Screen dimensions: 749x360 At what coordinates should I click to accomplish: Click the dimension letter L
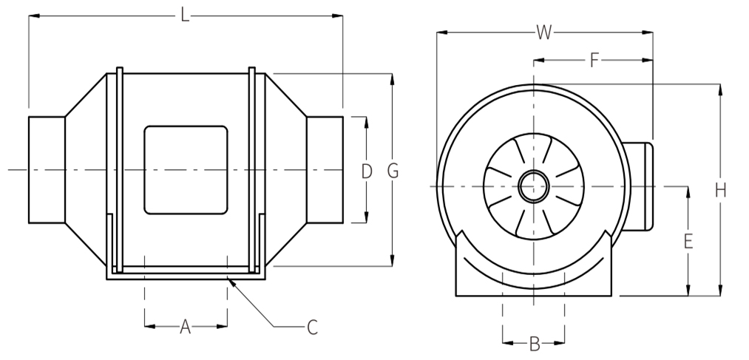184,16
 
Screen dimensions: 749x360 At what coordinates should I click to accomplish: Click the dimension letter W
544,33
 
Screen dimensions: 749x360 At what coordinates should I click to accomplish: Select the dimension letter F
594,61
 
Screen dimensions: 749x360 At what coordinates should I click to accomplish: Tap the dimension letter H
720,191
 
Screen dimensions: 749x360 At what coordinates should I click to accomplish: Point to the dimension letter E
688,242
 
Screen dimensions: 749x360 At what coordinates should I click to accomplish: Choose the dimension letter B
535,343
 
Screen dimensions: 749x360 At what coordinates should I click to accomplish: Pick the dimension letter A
186,327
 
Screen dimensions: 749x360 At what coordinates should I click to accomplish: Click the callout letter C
312,327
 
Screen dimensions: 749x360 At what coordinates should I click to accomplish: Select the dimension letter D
367,171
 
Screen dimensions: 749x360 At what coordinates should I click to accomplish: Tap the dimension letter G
393,171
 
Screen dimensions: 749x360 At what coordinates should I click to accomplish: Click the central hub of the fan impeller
534,186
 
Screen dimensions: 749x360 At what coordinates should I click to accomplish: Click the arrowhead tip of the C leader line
228,279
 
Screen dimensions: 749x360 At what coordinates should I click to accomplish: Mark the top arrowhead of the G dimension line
392,74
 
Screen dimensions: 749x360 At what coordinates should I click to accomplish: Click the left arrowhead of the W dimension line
437,33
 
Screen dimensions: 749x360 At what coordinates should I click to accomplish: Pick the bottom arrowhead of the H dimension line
720,296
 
